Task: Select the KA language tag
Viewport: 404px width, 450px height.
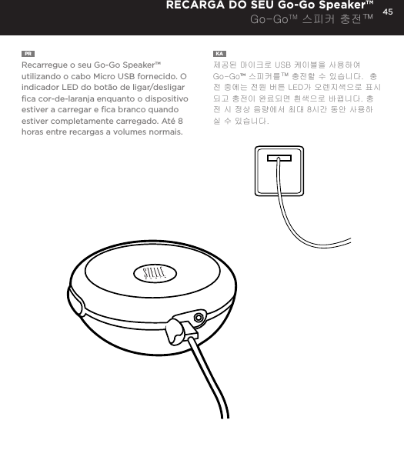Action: (x=219, y=54)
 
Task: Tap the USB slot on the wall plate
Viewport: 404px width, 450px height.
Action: (x=279, y=160)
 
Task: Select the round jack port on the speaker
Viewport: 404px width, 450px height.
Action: (x=199, y=318)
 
